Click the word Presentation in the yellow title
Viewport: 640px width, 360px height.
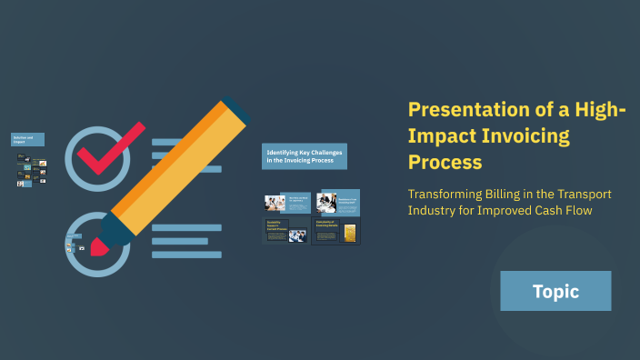point(465,110)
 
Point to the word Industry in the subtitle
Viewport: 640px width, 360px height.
point(434,212)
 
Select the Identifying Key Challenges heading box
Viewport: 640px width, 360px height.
point(305,156)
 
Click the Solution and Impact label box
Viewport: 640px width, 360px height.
point(27,139)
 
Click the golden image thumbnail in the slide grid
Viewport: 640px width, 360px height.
point(347,233)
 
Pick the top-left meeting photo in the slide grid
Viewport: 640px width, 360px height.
point(275,203)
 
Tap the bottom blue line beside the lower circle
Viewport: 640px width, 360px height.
point(185,255)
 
